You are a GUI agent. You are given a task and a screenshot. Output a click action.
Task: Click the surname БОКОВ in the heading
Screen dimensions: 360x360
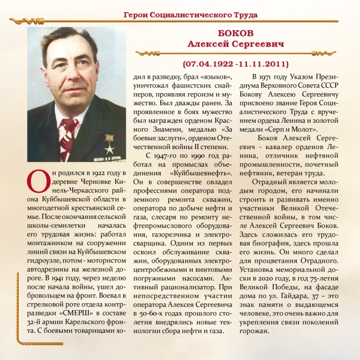(x=235, y=34)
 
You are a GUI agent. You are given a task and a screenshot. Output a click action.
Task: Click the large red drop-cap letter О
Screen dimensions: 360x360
(x=37, y=183)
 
